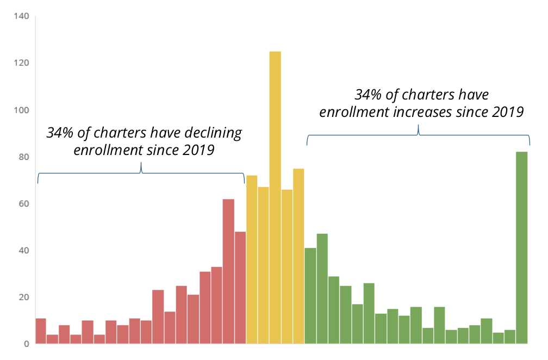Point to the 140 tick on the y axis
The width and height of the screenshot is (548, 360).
[21, 16]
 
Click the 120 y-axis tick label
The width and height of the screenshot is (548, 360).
[21, 63]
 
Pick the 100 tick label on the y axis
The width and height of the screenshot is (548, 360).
[21, 110]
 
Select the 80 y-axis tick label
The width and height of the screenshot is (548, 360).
[23, 157]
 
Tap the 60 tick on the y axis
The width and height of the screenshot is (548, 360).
[23, 204]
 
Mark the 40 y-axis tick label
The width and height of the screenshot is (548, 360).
[23, 251]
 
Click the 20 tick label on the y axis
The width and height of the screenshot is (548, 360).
[23, 297]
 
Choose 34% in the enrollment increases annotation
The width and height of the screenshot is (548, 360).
[368, 95]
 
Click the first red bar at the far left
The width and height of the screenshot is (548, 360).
[41, 331]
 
